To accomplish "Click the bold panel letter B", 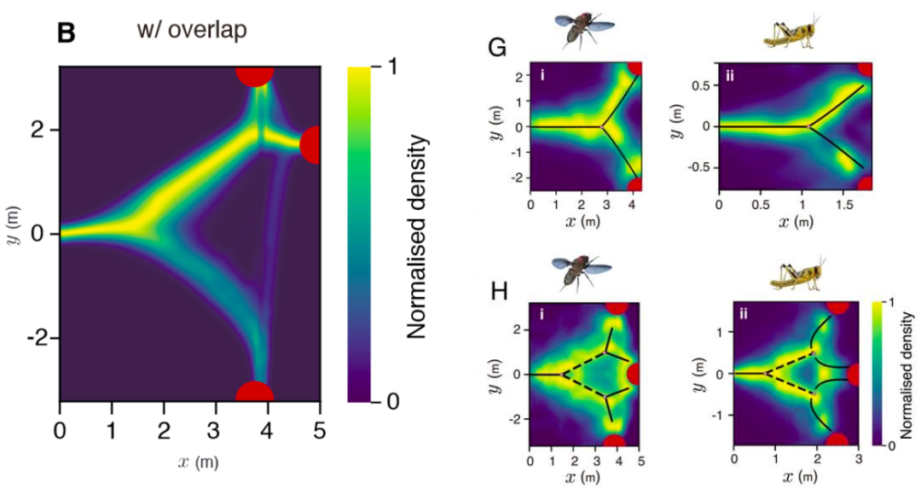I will [x=66, y=32].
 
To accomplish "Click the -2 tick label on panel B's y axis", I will [x=38, y=339].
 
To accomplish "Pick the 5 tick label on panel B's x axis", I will [x=320, y=426].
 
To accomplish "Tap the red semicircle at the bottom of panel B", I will [x=255, y=393].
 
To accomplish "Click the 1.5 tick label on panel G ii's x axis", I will [x=844, y=207].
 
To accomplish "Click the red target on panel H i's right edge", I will [x=634, y=374].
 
